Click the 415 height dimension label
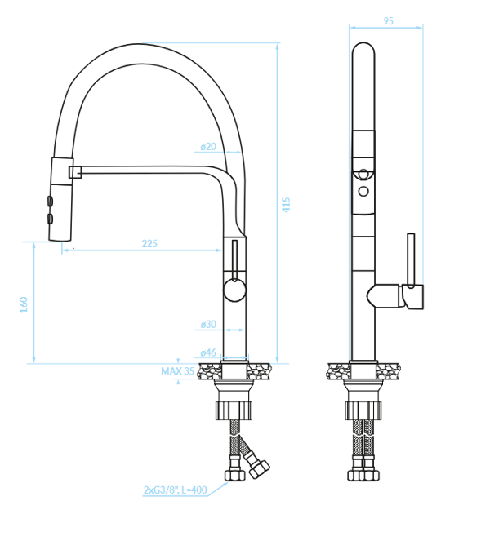[286, 205]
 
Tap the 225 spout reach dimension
[149, 243]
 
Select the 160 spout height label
[24, 304]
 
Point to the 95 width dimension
[388, 21]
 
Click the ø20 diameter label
[208, 146]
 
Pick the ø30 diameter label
[208, 324]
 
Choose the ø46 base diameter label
[208, 352]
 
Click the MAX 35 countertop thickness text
[177, 371]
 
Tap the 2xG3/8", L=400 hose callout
[175, 490]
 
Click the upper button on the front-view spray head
[50, 201]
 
